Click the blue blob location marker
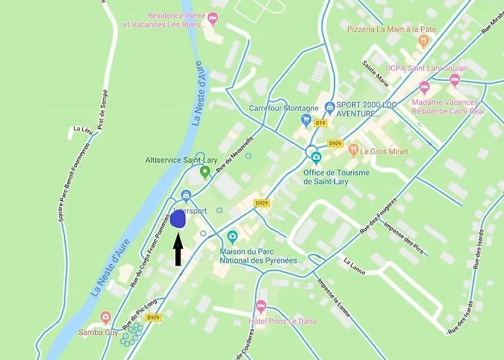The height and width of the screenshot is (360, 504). [x=179, y=220]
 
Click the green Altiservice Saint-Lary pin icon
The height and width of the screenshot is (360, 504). [x=204, y=172]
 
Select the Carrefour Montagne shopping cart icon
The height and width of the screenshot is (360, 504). [x=307, y=120]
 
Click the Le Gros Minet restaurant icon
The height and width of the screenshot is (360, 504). [x=353, y=150]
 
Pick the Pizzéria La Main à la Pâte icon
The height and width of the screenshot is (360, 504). [x=424, y=41]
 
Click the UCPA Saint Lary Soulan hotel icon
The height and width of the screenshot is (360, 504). [x=424, y=87]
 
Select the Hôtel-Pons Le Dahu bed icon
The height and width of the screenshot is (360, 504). [x=261, y=306]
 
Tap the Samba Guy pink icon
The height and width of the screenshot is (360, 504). [x=107, y=318]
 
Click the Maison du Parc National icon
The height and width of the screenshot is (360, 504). [x=233, y=236]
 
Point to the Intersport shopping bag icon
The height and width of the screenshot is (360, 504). [x=186, y=195]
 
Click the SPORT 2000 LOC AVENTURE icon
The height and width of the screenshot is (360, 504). [x=329, y=107]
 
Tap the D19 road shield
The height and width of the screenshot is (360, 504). [x=320, y=123]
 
